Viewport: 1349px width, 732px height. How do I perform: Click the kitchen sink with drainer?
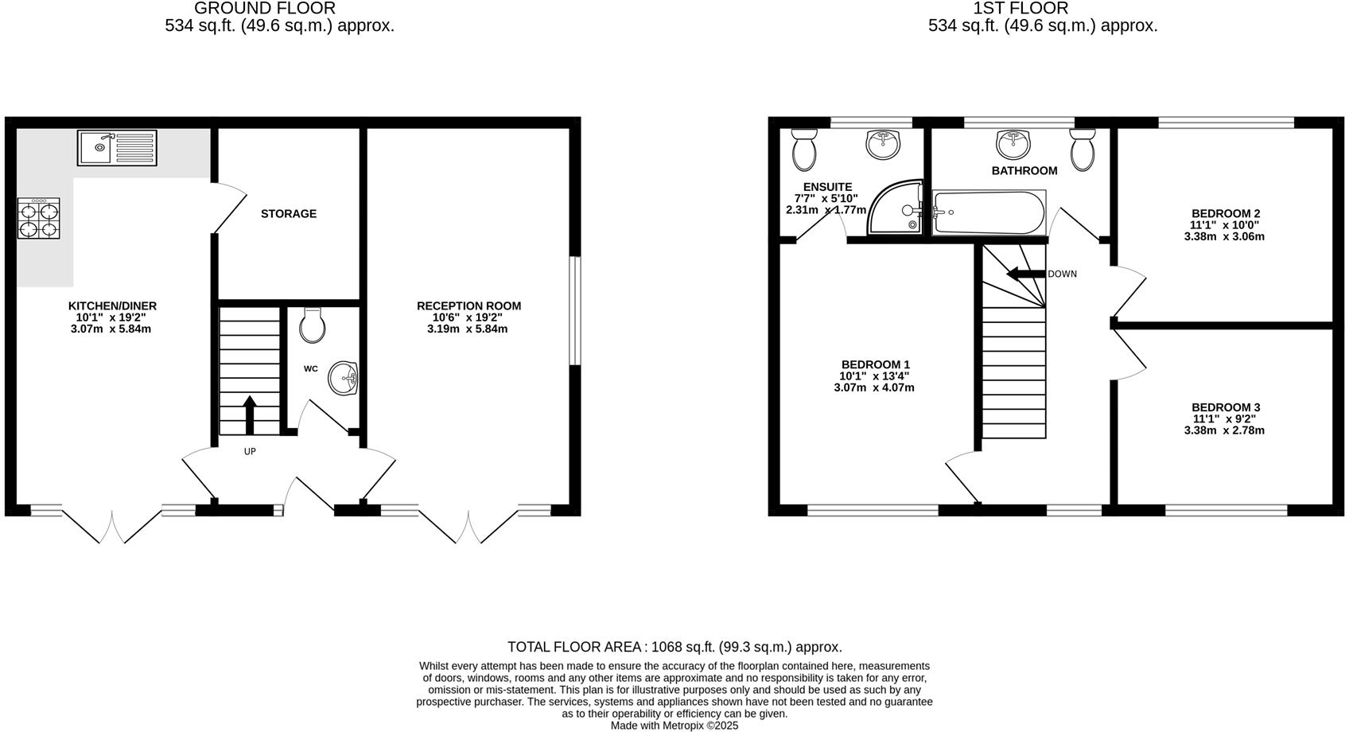[117, 148]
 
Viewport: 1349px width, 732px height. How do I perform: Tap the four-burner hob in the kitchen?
[39, 218]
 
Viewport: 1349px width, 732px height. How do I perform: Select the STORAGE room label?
[289, 214]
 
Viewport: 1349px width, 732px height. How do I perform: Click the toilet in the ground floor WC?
[313, 325]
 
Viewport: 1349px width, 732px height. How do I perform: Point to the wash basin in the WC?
[344, 377]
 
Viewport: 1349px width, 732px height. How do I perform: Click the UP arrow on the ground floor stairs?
[249, 414]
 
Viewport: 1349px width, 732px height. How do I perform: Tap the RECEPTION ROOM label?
[468, 306]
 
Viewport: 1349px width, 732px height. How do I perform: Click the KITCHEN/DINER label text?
[112, 306]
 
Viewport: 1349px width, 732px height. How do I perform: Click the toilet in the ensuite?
[804, 150]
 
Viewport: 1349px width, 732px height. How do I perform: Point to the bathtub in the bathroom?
[989, 212]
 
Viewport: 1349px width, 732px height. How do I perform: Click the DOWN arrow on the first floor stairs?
[1025, 274]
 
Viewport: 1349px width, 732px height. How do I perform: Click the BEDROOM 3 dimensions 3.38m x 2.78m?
[1223, 430]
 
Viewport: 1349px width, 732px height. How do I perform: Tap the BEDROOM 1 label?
[875, 364]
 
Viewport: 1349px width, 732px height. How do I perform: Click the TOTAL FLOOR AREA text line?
[674, 647]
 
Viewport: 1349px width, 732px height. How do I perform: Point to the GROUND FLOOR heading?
[264, 9]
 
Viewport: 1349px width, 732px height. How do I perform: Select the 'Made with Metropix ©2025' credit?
[674, 725]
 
